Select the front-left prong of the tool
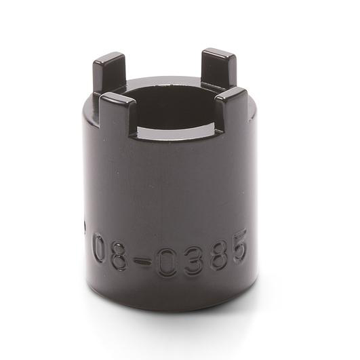pos(117,113)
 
